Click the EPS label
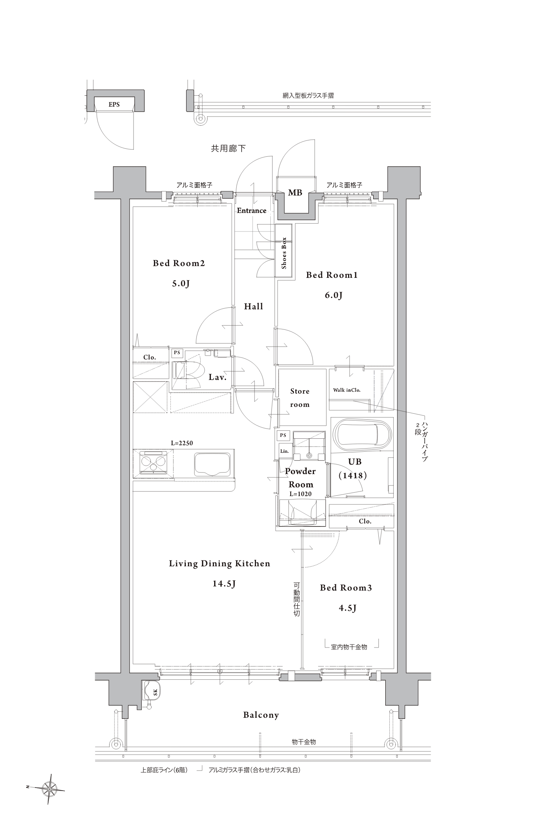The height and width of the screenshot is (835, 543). coord(114,104)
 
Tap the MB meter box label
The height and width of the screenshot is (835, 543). coord(295,193)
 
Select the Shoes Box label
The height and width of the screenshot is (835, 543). coord(284,253)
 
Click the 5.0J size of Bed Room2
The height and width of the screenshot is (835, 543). coord(180,283)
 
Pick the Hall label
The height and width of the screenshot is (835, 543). coord(253,306)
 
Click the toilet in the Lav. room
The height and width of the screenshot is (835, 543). coord(188,370)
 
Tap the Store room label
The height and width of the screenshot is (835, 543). coord(300,398)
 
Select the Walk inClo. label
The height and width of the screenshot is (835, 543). coord(347,390)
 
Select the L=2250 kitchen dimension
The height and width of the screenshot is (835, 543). coord(182,443)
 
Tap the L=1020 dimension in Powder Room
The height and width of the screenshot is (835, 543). coord(300,494)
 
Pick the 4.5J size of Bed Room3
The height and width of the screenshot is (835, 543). coord(347,608)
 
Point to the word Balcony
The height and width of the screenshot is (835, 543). coord(261,715)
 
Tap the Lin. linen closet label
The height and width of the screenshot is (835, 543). coord(284,451)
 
